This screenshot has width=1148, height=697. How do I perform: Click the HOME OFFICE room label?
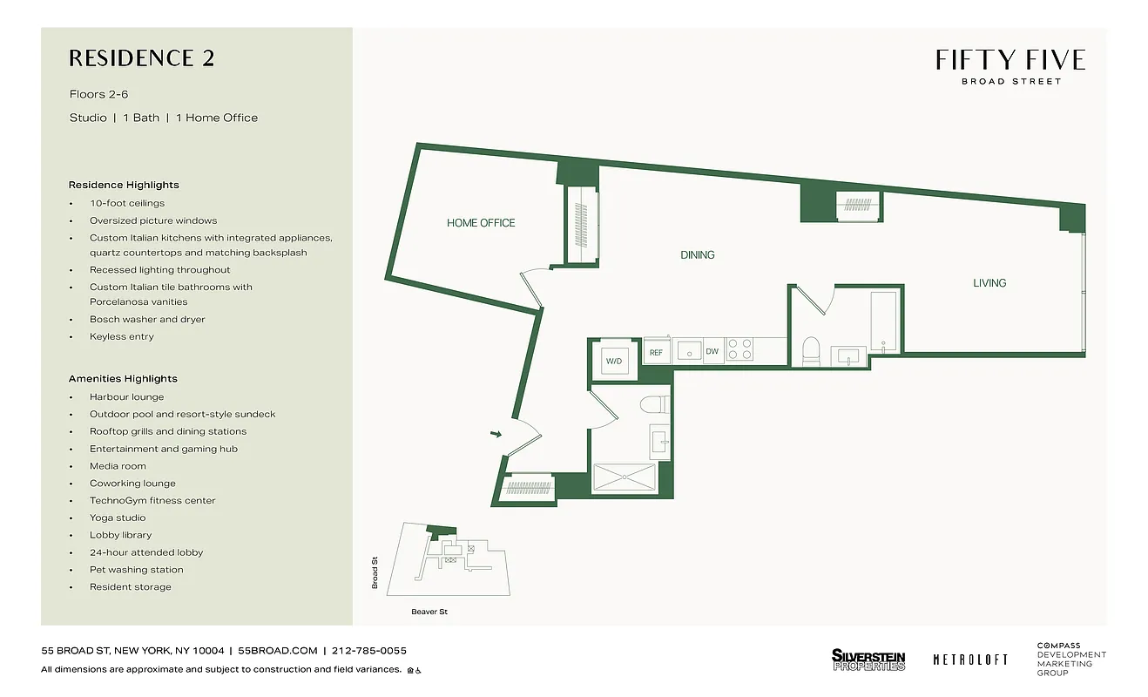481,223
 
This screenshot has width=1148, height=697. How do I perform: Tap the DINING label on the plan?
697,255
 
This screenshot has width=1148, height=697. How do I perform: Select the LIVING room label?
989,283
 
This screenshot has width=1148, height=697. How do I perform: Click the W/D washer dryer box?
615,361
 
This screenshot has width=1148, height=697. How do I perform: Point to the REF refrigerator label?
656,352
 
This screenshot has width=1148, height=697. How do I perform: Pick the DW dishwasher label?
712,352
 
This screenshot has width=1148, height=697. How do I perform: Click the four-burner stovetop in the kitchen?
740,349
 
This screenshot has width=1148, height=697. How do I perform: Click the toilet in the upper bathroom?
810,350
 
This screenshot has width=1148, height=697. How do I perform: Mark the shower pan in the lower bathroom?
624,477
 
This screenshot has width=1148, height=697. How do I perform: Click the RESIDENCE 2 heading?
141,58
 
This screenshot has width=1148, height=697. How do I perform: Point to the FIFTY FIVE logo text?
1010,60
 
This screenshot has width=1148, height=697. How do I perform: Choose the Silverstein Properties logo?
868,660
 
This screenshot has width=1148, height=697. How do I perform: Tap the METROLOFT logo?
970,660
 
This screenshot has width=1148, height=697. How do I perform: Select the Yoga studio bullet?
118,518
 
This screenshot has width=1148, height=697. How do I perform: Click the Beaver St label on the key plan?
429,612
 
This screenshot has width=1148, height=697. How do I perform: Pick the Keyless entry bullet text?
121,336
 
